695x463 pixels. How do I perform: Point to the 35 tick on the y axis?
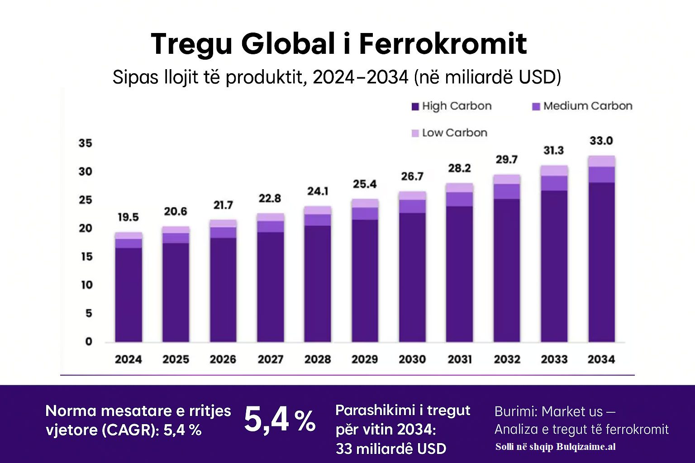coord(85,143)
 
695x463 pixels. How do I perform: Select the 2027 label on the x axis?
coord(270,359)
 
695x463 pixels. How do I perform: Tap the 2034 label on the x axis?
coord(601,359)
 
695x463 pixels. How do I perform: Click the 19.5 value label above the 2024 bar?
coord(128,217)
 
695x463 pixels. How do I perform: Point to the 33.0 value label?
coord(601,141)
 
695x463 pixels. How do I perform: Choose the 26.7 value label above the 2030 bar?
coord(412,176)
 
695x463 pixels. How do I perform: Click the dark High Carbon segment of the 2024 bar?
coord(129,294)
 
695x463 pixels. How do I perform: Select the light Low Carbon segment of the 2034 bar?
coord(601,161)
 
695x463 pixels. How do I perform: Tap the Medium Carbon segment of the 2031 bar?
coord(459,199)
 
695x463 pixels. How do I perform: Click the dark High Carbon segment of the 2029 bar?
coord(365,280)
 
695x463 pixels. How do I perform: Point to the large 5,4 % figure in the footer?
coord(280,420)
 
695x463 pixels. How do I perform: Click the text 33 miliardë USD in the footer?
coord(391,449)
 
